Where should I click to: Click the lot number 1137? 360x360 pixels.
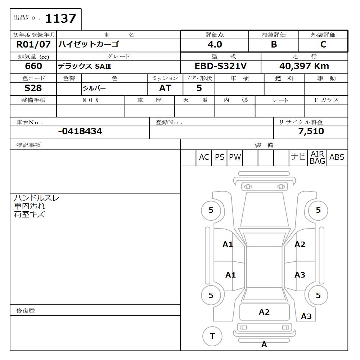[x=60, y=18]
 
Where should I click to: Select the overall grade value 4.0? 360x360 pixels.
[x=215, y=45]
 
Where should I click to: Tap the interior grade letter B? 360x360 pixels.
[x=274, y=45]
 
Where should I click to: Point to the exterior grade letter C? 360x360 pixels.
[x=323, y=45]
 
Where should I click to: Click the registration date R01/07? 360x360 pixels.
[x=34, y=45]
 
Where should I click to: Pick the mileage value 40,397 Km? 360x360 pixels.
[x=304, y=66]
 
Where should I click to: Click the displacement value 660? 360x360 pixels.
[x=33, y=66]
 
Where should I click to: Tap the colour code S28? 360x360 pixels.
[x=33, y=88]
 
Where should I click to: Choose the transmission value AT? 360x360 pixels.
[x=165, y=88]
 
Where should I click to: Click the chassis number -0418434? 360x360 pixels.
[x=80, y=131]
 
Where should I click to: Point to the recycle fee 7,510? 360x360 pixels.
[x=311, y=131]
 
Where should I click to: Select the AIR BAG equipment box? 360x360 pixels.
[x=318, y=158]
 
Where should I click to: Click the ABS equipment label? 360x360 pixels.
[x=337, y=157]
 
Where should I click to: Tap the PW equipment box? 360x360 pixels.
[x=235, y=157]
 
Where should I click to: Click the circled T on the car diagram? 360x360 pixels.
[x=212, y=336]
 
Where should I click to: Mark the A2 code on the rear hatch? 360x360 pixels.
[x=264, y=312]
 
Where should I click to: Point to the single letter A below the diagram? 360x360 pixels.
[x=264, y=345]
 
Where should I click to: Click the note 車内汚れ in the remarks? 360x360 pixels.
[x=30, y=206]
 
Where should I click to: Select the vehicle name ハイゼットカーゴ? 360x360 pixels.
[x=89, y=45]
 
